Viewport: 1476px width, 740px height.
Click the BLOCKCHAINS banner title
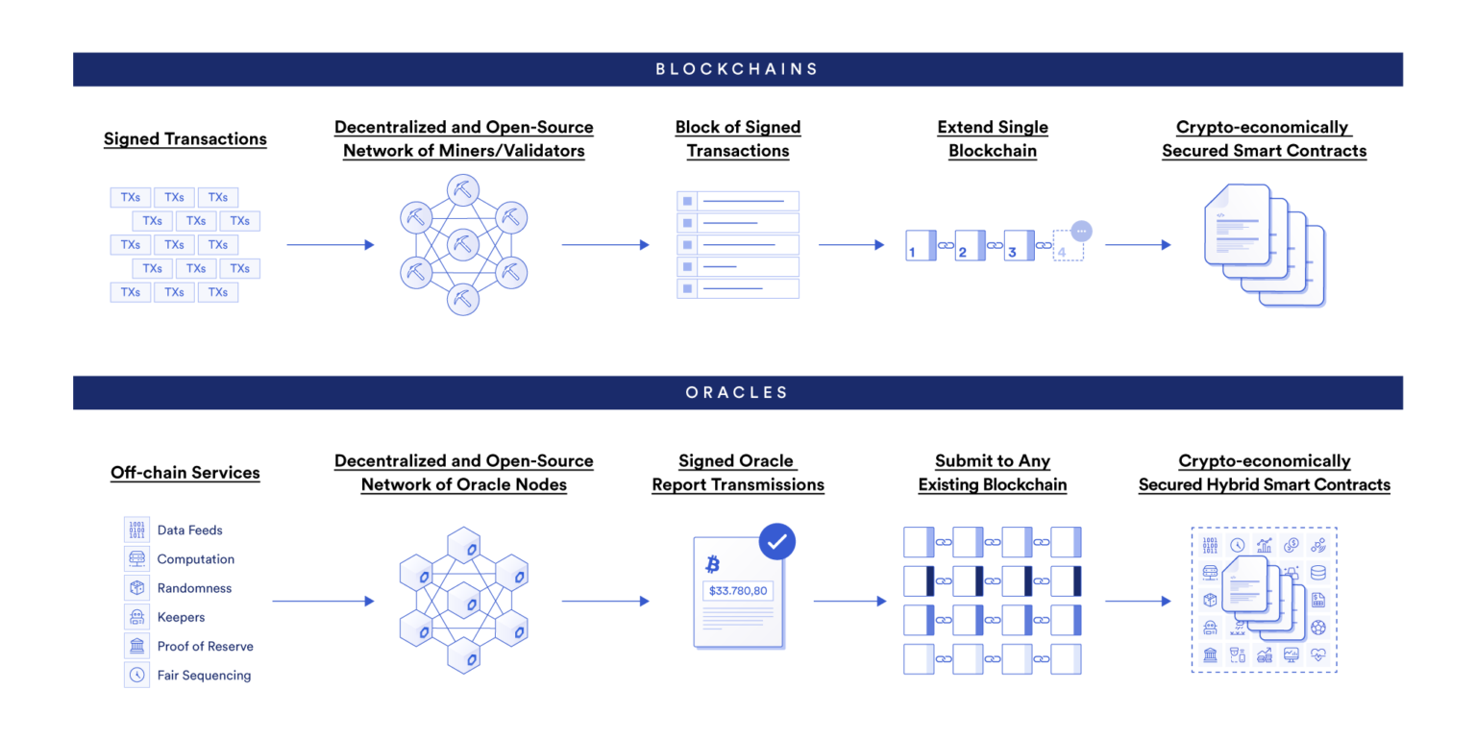coord(737,69)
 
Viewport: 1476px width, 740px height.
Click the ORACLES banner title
coord(737,392)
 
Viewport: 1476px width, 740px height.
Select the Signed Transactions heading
coord(185,139)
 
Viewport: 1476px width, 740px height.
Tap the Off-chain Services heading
coord(185,473)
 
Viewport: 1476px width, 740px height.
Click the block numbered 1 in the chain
coord(920,245)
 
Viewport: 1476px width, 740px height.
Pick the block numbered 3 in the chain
coord(1019,245)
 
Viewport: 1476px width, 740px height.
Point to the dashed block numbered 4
coord(1068,246)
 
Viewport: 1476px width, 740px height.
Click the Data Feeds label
coord(189,530)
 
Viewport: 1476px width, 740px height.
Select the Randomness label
coord(194,588)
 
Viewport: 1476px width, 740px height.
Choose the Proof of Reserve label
coord(205,646)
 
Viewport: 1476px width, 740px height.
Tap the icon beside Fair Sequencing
coord(137,675)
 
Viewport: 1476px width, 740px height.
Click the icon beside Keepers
coord(137,617)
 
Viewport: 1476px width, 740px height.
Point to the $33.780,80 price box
coord(738,590)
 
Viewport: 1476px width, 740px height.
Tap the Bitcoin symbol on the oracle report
coord(712,564)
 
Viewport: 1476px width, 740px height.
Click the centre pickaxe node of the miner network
coord(463,244)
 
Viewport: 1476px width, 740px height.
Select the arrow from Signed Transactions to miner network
coord(330,245)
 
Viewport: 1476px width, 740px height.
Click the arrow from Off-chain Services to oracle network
coord(323,602)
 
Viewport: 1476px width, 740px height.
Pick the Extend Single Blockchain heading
coord(992,139)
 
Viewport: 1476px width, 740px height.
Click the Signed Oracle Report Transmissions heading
coord(738,473)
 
